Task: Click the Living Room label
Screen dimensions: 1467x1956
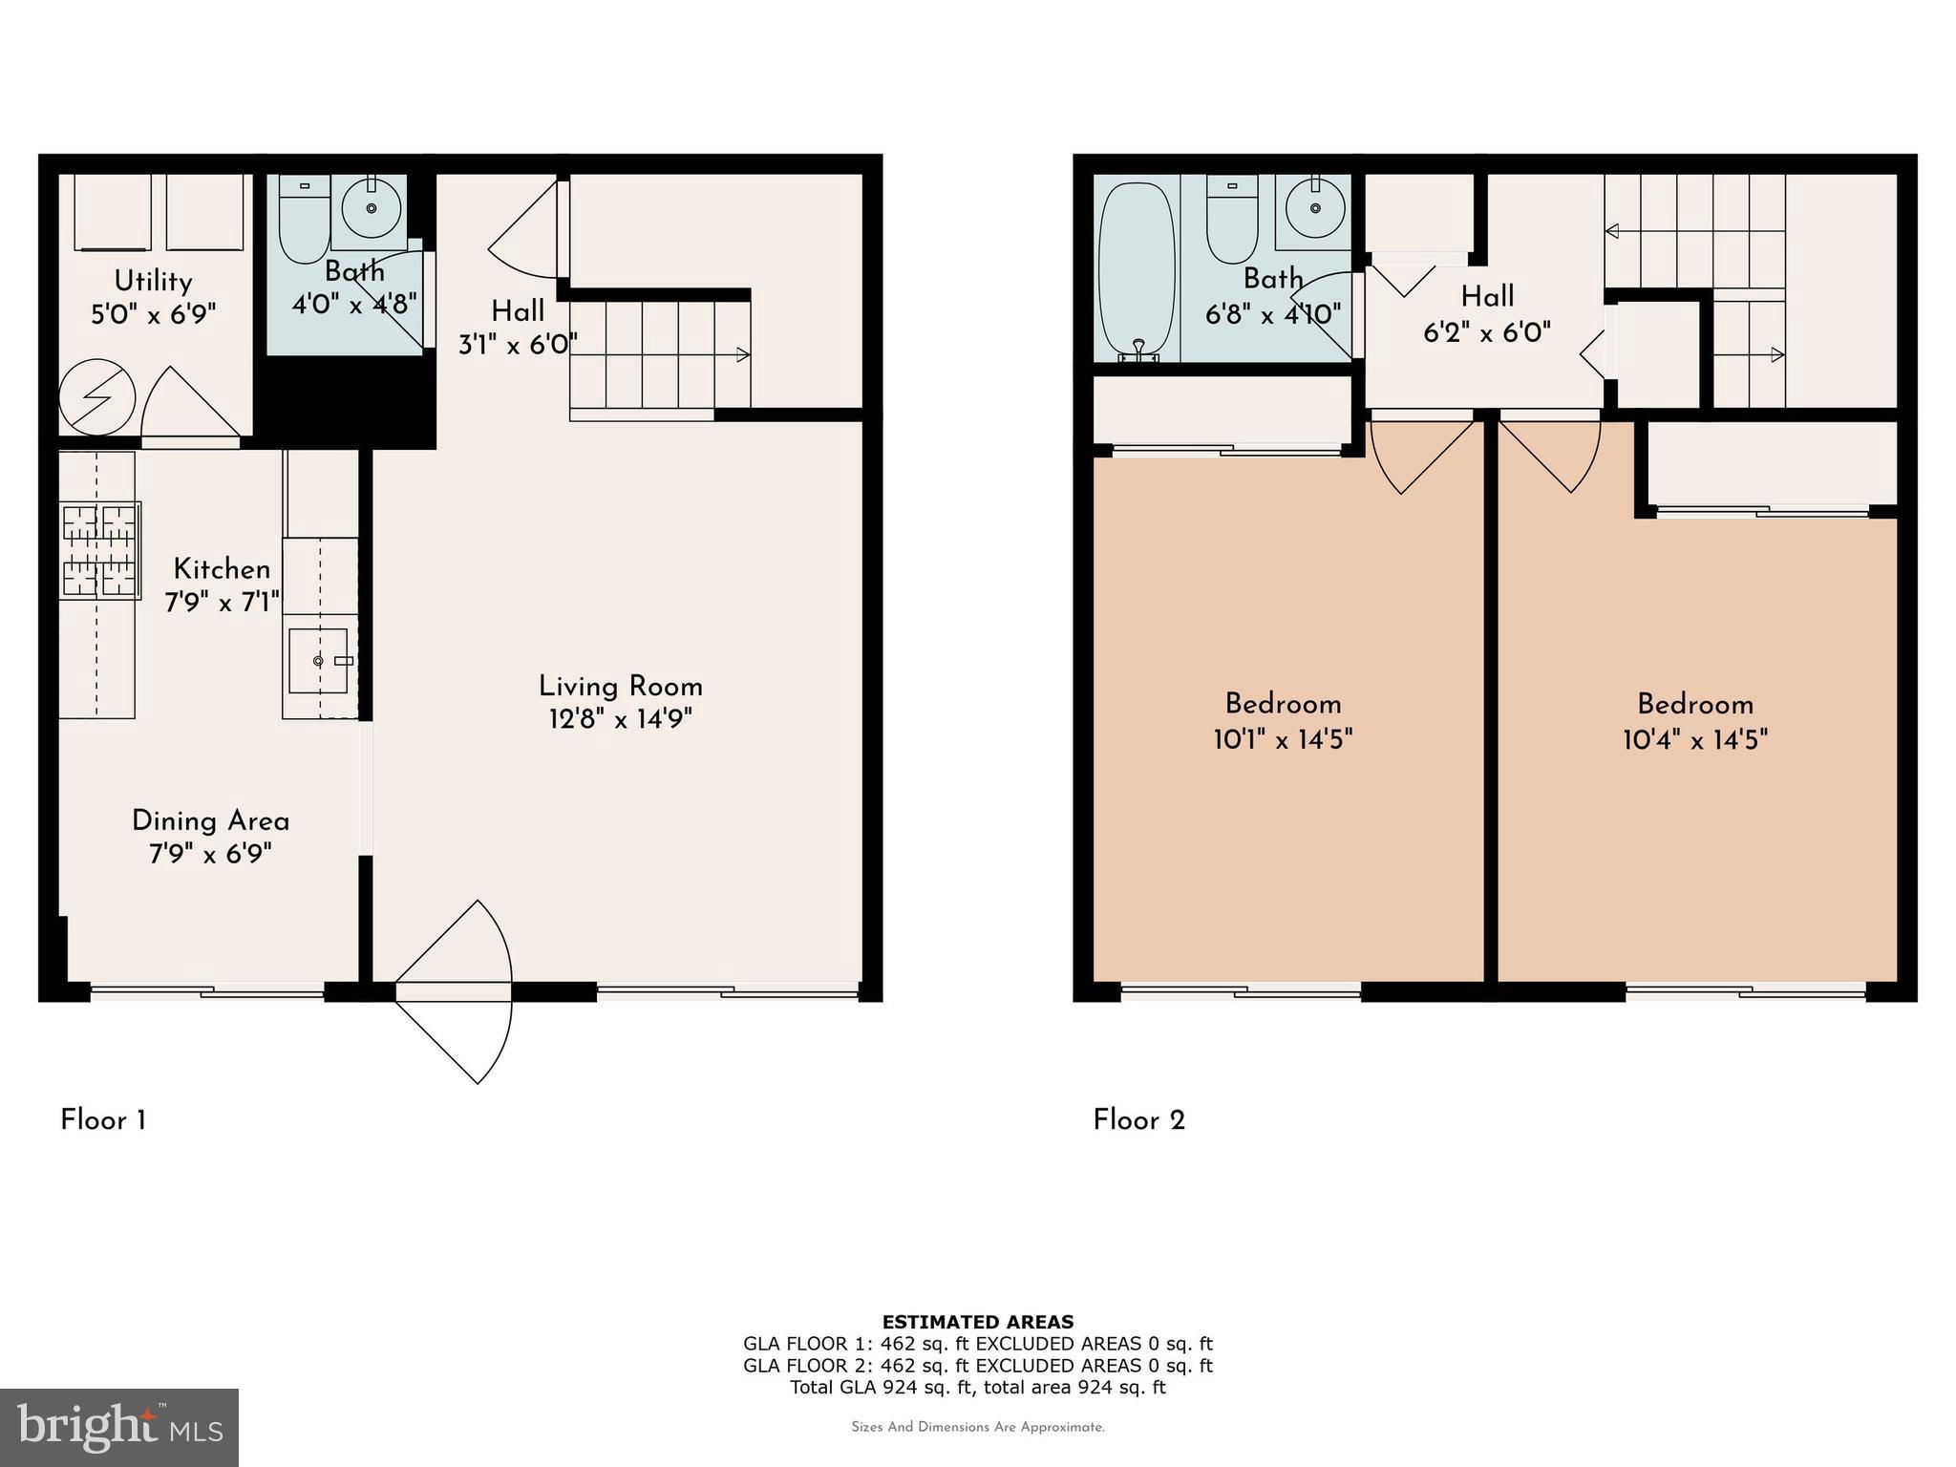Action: tap(620, 687)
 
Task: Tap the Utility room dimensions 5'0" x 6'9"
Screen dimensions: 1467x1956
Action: tap(154, 314)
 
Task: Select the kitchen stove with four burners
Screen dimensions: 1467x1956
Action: tap(99, 551)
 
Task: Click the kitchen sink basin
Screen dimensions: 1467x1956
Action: tap(318, 660)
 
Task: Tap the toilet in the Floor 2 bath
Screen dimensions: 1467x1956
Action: tap(1232, 222)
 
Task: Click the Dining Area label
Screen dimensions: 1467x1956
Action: tap(210, 821)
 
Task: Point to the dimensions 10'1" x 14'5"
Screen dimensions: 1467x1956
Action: tap(1283, 739)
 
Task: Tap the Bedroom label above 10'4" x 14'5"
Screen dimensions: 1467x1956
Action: tap(1694, 705)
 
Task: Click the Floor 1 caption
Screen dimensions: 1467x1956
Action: tap(103, 1120)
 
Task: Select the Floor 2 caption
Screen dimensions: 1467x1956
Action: tap(1138, 1120)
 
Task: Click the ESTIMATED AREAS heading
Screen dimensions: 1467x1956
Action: tap(977, 1322)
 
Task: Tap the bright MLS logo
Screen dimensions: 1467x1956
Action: tap(119, 1427)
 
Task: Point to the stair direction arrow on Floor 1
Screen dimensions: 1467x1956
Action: tap(741, 355)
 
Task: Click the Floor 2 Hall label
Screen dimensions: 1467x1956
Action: tap(1487, 297)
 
